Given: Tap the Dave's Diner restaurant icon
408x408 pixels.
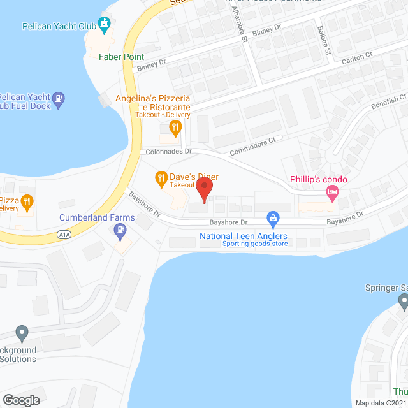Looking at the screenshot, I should tap(161, 178).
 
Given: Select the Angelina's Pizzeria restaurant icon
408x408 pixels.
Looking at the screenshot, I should tap(175, 127).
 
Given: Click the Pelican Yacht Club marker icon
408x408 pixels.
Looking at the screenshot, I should tap(105, 25).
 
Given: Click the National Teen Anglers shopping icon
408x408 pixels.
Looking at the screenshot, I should tap(273, 219).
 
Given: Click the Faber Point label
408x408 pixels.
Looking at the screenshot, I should tap(121, 57).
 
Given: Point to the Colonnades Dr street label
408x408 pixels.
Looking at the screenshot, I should tap(169, 152).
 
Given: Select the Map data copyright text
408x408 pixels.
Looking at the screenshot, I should tap(381, 402).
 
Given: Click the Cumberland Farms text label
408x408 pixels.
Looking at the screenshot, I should tap(97, 218).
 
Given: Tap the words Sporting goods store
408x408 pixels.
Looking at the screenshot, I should tap(244, 244).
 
